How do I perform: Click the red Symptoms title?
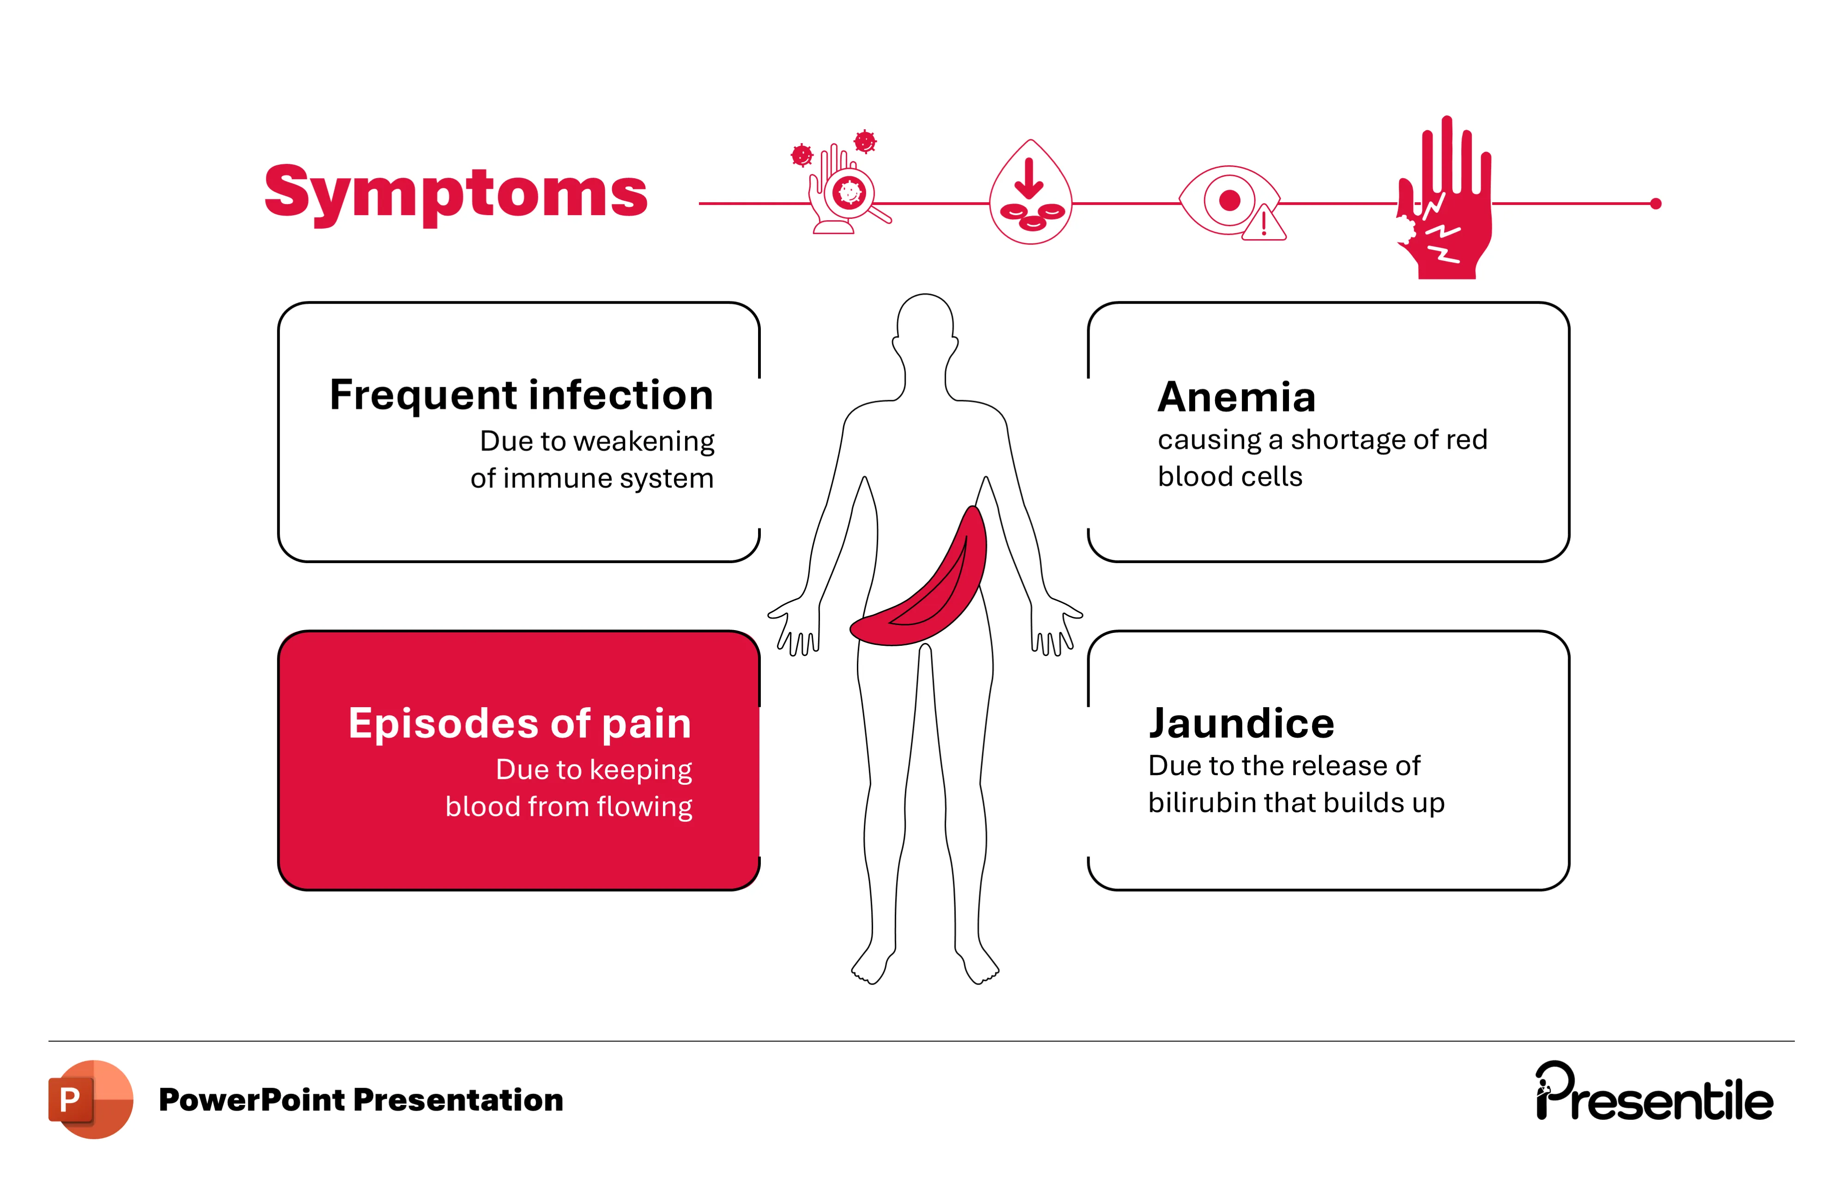coord(456,192)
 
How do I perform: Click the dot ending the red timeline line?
coord(1655,204)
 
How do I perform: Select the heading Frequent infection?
coord(521,395)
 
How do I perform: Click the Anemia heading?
coord(1236,397)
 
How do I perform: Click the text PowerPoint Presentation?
coord(361,1100)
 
